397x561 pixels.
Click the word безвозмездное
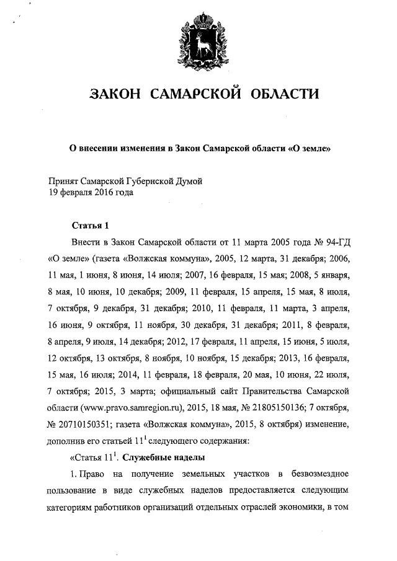coord(324,475)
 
